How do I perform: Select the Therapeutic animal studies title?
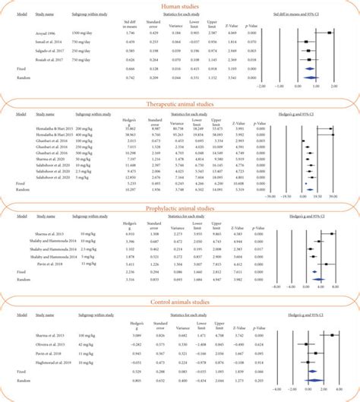pyautogui.click(x=179, y=103)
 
